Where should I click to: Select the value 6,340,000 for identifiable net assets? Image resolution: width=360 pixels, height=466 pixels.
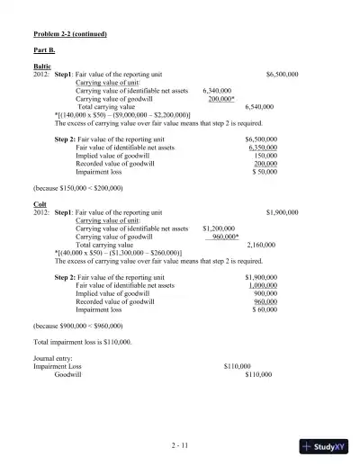click(x=217, y=91)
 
